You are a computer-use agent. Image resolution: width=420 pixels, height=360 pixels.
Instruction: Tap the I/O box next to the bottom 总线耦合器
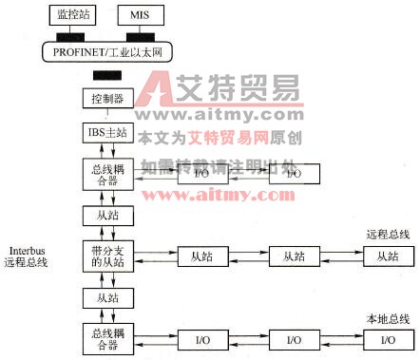coord(202,339)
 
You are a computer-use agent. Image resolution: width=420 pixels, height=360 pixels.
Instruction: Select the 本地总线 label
coord(388,319)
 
